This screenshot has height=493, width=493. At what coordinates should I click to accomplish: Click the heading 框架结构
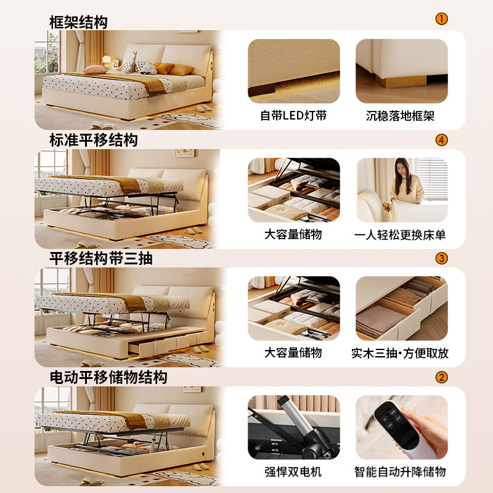78,23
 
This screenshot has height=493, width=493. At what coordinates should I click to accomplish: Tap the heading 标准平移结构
94,141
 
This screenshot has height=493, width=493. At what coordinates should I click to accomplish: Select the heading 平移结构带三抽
101,259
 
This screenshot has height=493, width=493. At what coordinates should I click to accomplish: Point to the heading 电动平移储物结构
108,377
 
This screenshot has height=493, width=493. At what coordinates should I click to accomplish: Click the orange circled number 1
441,18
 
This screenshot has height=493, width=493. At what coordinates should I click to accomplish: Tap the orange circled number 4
441,140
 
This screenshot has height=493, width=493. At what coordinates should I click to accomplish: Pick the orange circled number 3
441,258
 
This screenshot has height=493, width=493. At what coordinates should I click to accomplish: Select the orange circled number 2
441,377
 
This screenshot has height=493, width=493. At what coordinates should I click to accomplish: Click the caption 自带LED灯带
293,116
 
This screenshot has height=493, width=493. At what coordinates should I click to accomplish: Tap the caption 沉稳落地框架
401,116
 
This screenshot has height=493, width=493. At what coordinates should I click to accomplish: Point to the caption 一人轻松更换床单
401,235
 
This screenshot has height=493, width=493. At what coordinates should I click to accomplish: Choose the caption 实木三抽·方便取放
401,353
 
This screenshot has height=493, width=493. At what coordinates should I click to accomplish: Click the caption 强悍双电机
293,472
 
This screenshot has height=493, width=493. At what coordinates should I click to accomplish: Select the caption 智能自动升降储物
401,472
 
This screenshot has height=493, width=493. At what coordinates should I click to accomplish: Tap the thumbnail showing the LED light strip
293,71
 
